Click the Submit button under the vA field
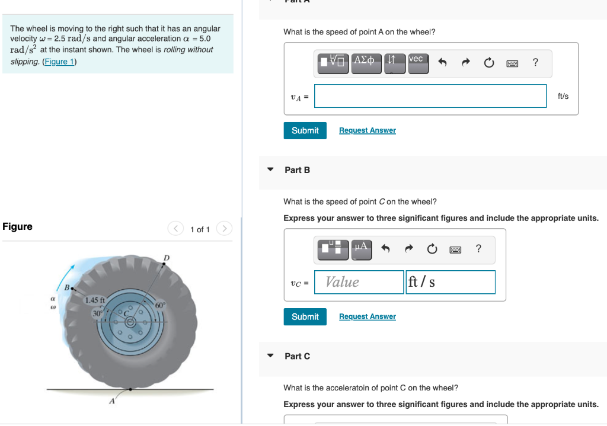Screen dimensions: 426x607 coord(305,130)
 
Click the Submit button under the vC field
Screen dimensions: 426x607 coord(305,316)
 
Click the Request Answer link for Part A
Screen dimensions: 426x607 coord(368,130)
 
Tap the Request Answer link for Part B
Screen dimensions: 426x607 coord(368,316)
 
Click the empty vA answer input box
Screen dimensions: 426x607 coord(430,96)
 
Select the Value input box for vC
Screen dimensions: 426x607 coord(359,282)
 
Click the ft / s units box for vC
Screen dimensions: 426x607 coord(451,282)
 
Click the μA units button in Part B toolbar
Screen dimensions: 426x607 coord(362,249)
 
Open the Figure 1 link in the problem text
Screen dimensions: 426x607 coord(60,62)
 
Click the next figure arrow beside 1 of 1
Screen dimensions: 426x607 coord(224,229)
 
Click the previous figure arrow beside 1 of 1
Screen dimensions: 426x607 coord(175,229)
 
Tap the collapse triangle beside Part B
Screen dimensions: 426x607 coord(271,170)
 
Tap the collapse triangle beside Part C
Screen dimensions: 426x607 coord(271,356)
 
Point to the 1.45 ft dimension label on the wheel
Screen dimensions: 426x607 coord(95,300)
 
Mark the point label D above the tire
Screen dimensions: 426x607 coord(167,257)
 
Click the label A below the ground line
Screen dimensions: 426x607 coord(111,402)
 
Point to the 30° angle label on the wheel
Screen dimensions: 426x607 coord(97,312)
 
